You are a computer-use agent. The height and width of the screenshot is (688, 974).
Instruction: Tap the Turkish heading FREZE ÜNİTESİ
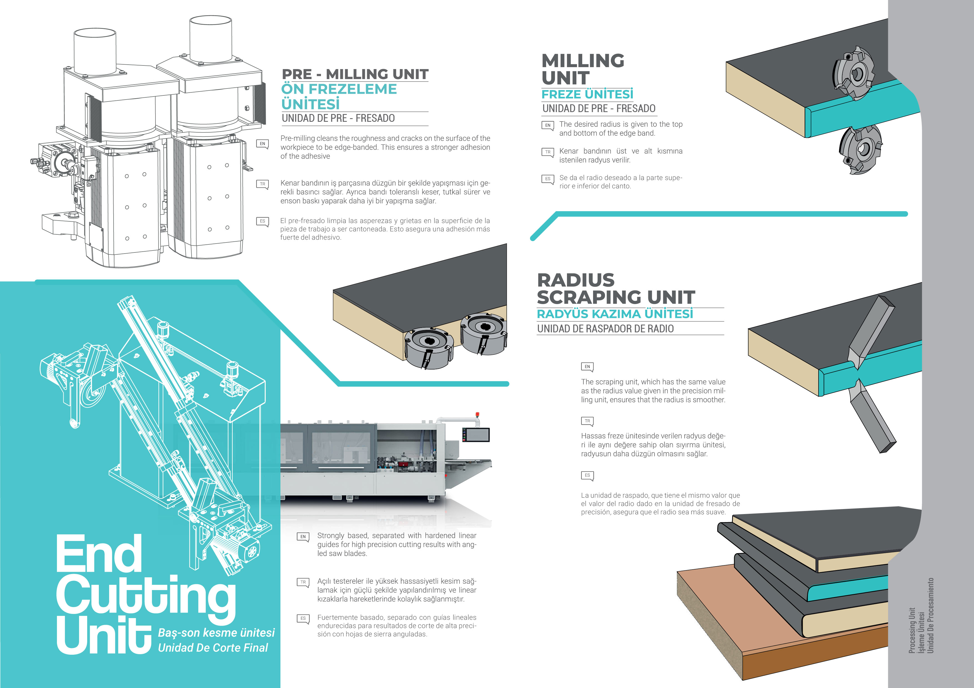587,94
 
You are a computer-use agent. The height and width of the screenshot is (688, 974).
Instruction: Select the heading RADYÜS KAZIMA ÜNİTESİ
615,314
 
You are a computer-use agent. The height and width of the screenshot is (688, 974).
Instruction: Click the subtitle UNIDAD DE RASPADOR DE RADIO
605,328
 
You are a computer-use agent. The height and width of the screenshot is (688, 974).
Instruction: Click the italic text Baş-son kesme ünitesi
216,633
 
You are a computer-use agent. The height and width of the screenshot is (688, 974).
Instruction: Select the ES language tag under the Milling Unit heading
548,179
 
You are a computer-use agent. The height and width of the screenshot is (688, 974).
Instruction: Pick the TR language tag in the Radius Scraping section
587,421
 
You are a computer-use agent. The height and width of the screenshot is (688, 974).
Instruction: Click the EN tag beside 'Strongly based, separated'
303,537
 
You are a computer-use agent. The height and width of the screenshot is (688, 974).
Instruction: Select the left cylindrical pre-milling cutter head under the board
428,347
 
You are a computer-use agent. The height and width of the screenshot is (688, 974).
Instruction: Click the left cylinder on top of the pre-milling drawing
95,51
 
